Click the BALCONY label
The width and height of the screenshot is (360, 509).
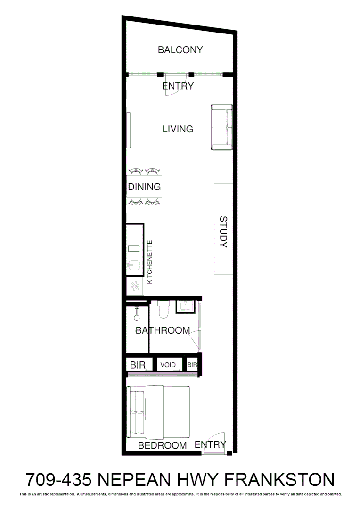(x=180, y=50)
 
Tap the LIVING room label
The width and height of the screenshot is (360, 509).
(x=178, y=129)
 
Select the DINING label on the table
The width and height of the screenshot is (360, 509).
(x=144, y=187)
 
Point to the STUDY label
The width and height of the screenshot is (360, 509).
(x=223, y=232)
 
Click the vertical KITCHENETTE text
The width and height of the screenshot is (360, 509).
(x=150, y=262)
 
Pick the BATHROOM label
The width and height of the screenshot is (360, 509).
(x=163, y=330)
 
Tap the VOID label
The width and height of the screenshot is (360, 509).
(x=168, y=365)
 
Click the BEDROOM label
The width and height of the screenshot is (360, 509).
(x=162, y=445)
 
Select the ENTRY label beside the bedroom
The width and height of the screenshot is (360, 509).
(x=210, y=444)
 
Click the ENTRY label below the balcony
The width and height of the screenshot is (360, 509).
(x=178, y=86)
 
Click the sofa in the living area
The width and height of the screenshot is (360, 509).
(x=221, y=127)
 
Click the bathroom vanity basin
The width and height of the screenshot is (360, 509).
(x=186, y=306)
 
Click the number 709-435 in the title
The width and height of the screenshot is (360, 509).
(x=58, y=480)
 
